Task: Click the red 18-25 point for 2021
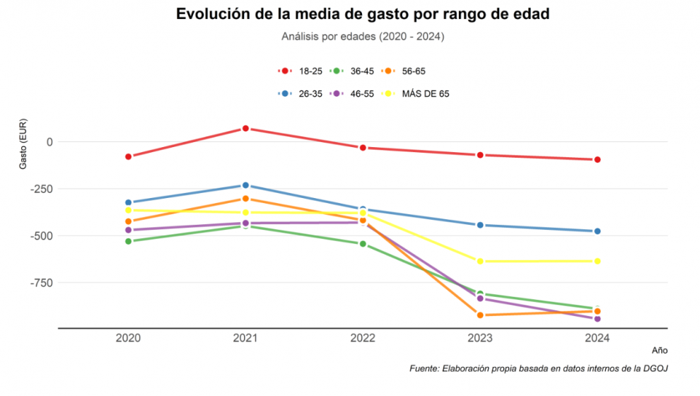[245, 128]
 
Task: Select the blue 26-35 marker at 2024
[597, 231]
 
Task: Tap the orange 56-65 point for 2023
[480, 315]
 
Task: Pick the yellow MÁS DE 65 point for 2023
[480, 262]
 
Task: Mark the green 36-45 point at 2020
[128, 241]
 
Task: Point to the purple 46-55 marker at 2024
[597, 319]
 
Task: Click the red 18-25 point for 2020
[128, 156]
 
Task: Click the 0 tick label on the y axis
[49, 142]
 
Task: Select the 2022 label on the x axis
[363, 339]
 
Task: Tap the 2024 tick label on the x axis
[597, 339]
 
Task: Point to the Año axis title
[659, 350]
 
